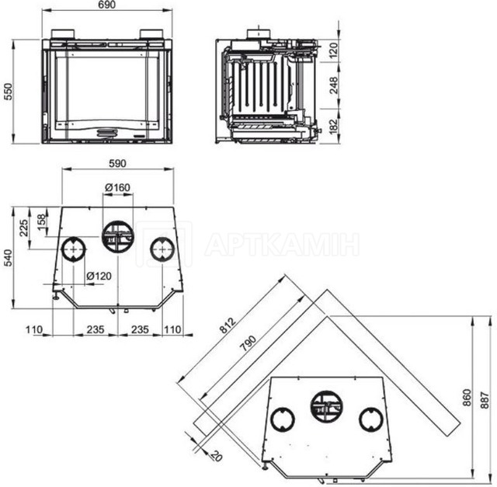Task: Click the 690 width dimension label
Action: tap(107, 5)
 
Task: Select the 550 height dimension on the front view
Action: tap(8, 92)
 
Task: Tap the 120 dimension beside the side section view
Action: tap(333, 50)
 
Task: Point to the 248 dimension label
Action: tap(333, 85)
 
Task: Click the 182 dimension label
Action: tap(333, 126)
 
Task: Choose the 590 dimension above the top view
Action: tap(117, 163)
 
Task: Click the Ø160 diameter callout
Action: tap(117, 187)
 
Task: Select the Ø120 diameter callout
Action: tap(99, 276)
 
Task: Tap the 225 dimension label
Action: tap(24, 228)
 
